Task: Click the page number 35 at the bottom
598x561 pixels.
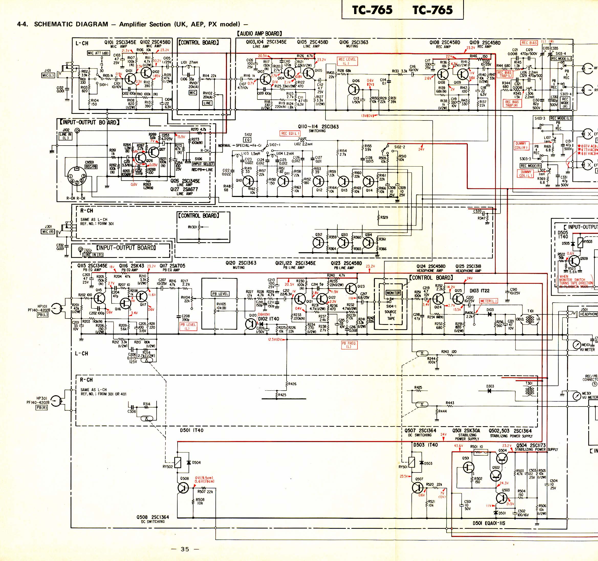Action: [185, 549]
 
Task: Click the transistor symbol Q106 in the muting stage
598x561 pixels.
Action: [355, 89]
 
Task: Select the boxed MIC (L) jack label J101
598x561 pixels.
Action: [48, 75]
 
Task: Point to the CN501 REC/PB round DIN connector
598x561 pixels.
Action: [77, 178]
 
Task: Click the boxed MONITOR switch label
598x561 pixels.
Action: [393, 293]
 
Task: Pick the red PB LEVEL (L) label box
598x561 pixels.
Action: [188, 326]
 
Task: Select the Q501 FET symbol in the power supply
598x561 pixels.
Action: [468, 468]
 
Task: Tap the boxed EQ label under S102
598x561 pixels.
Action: [247, 140]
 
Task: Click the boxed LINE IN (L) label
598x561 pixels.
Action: [65, 136]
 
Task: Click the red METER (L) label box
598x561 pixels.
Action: [488, 301]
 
